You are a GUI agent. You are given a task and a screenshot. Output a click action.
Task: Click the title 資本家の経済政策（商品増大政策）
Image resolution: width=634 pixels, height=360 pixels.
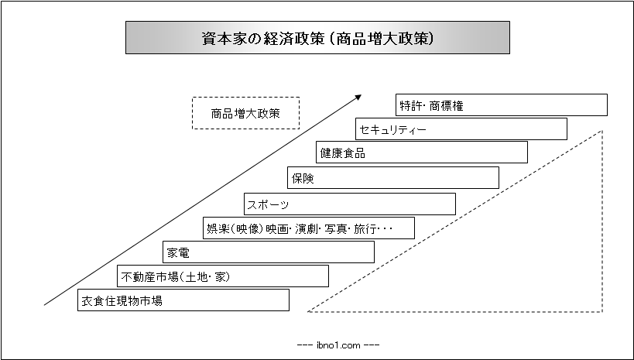[318, 38]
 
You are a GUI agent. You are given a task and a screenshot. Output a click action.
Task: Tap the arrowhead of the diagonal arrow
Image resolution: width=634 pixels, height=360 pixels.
[358, 97]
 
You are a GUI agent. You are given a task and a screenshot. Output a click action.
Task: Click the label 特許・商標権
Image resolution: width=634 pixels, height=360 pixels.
[431, 105]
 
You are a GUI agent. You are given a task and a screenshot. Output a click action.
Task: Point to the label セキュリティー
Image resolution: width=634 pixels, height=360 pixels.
[393, 129]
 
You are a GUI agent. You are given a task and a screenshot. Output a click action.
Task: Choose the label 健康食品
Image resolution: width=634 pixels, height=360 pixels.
[343, 153]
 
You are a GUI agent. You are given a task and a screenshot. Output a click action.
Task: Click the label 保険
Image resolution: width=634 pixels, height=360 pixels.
[303, 178]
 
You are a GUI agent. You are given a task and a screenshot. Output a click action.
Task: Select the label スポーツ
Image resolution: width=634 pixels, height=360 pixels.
[269, 204]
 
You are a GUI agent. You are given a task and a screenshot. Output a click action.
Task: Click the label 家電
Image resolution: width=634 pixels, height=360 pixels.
[178, 253]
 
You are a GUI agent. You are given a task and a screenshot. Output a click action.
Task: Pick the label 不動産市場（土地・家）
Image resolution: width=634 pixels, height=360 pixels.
[176, 276]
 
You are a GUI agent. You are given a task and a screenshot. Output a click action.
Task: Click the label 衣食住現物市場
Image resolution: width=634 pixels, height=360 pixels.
[122, 301]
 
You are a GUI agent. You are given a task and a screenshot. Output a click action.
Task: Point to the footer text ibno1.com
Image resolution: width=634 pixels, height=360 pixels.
[338, 345]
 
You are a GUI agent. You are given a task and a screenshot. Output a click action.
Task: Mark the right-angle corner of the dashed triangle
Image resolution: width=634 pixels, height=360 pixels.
[602, 311]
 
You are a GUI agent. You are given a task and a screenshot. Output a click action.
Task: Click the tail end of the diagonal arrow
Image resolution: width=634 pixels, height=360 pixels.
[44, 304]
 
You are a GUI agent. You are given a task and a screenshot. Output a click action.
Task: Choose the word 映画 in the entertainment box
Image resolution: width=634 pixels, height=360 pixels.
[276, 228]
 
